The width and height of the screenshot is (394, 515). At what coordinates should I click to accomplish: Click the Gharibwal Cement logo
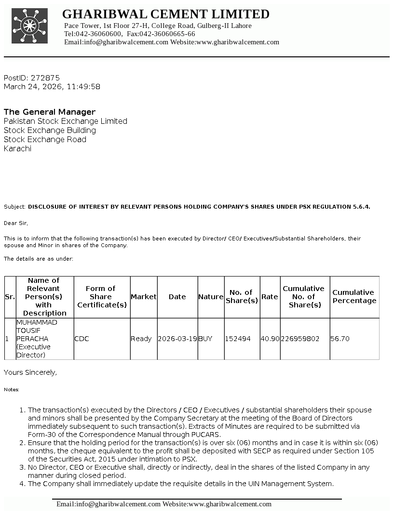30,26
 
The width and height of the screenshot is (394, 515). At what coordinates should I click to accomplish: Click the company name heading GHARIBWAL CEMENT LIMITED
166,14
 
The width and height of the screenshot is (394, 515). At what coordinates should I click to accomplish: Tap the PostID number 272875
45,78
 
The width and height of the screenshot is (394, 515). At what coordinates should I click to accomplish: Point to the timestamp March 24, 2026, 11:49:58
52,87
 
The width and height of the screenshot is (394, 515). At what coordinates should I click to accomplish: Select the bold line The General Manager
50,112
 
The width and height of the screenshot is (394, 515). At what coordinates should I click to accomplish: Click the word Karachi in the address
17,148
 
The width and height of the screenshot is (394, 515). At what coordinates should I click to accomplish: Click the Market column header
144,297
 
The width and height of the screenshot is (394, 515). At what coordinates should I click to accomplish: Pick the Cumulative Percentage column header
354,296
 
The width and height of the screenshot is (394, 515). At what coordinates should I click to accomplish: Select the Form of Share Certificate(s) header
102,297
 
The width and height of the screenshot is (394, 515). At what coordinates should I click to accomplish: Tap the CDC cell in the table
82,339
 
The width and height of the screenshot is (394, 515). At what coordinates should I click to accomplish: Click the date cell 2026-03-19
177,339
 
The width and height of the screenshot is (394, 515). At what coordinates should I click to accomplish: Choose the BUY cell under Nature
205,339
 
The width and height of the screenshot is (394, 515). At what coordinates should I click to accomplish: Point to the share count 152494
238,339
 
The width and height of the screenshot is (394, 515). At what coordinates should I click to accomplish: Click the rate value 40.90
270,339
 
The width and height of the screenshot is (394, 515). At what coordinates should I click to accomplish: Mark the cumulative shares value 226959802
300,339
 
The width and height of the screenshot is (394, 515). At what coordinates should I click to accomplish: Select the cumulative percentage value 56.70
340,339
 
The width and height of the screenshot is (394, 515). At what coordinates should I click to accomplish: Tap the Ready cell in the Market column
141,339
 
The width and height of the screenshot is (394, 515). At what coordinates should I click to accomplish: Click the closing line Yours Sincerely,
30,372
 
